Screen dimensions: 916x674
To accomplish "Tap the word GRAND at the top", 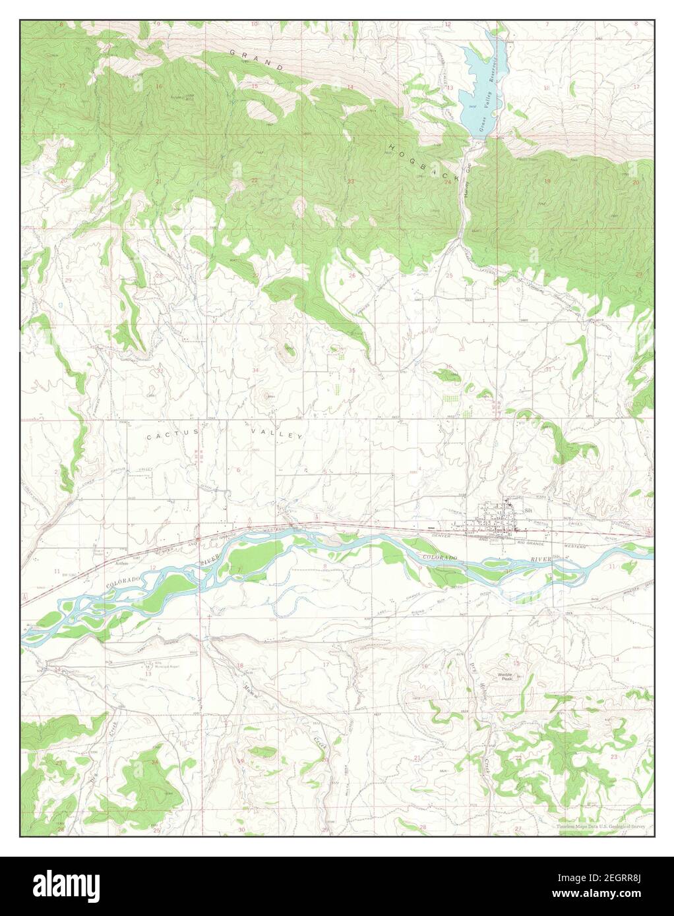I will coord(257,59).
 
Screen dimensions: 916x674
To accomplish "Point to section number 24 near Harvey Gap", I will coord(447,183).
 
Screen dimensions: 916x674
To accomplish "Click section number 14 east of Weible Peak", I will coord(615,659).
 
